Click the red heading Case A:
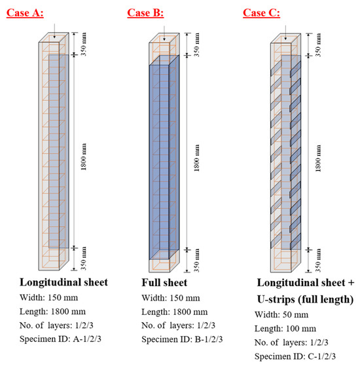pyautogui.click(x=25, y=12)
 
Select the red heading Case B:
pyautogui.click(x=145, y=12)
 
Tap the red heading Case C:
pyautogui.click(x=261, y=12)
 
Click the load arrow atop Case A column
pyautogui.click(x=54, y=31)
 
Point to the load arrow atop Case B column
pyautogui.click(x=164, y=33)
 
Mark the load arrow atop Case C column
pyautogui.click(x=285, y=33)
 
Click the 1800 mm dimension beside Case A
pyautogui.click(x=84, y=156)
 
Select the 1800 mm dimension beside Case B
pyautogui.click(x=196, y=158)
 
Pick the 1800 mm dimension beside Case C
pyautogui.click(x=318, y=158)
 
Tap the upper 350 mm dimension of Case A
pyautogui.click(x=84, y=44)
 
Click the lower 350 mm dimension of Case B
pyautogui.click(x=196, y=261)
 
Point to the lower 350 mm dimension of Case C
pyautogui.click(x=318, y=261)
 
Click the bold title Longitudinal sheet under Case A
pyautogui.click(x=63, y=282)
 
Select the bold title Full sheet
pyautogui.click(x=164, y=283)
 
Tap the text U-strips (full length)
pyautogui.click(x=305, y=299)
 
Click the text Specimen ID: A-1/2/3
pyautogui.click(x=60, y=339)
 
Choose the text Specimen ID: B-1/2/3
pyautogui.click(x=182, y=339)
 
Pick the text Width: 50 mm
pyautogui.click(x=281, y=314)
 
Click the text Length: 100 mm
pyautogui.click(x=285, y=329)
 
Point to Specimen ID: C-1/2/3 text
pyautogui.click(x=295, y=356)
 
